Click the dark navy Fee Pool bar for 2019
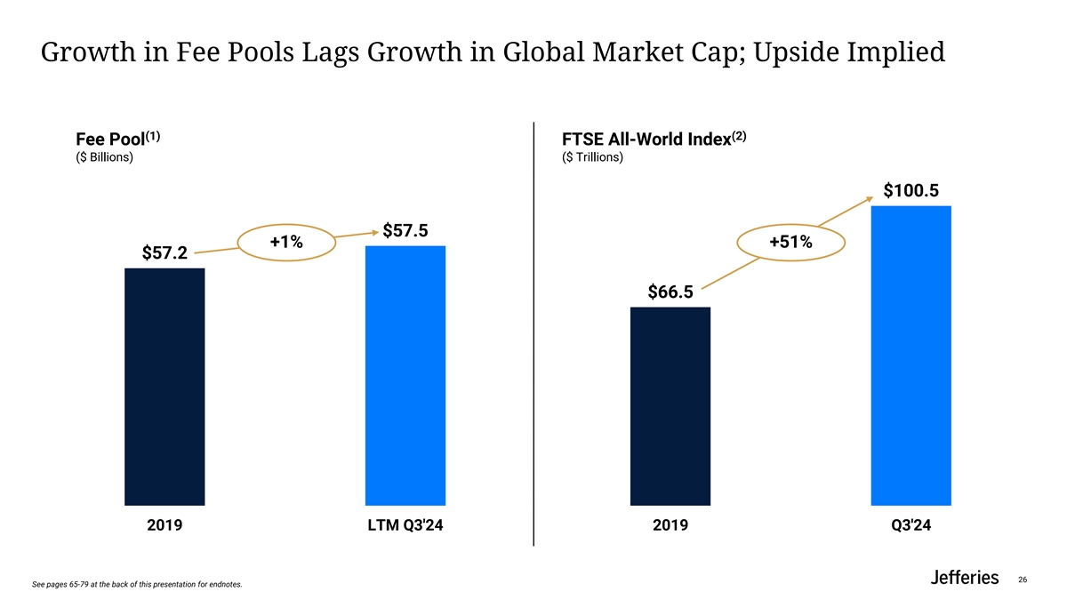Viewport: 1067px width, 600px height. coord(164,387)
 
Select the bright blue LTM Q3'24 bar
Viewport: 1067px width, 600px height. coord(405,375)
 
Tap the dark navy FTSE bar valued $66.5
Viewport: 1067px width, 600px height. coord(670,406)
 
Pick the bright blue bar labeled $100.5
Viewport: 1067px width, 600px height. coord(911,356)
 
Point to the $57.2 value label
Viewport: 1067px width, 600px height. coord(164,254)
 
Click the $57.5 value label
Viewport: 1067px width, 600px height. coord(405,231)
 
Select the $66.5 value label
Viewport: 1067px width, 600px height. coord(670,292)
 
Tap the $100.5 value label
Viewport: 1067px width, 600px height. coord(911,191)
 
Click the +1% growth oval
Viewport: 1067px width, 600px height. coord(286,242)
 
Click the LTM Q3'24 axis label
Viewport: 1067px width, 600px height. coord(405,526)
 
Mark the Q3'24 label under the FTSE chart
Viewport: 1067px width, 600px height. coord(911,526)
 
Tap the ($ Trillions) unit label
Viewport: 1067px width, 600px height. coord(593,158)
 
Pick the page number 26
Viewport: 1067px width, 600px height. coord(1023,580)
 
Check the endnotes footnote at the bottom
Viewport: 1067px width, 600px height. coord(136,584)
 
